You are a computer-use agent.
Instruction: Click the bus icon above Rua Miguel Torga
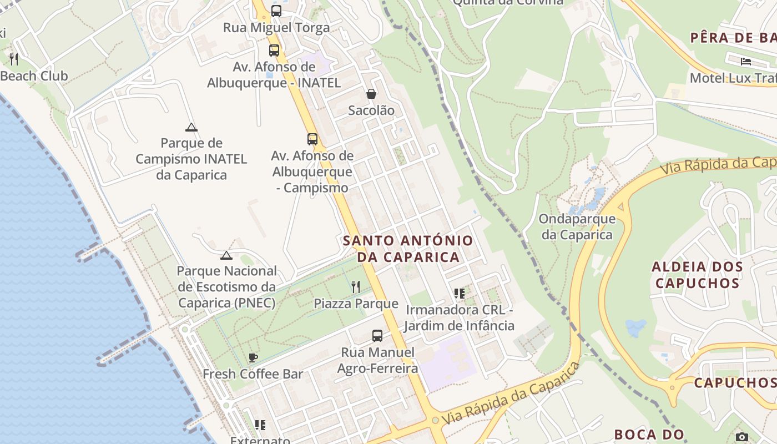(x=276, y=11)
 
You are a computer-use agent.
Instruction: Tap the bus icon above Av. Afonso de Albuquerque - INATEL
(x=274, y=51)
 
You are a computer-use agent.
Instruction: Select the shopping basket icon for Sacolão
(x=371, y=94)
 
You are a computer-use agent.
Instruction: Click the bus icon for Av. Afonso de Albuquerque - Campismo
(x=312, y=139)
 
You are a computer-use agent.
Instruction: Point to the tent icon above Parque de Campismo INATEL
(x=191, y=127)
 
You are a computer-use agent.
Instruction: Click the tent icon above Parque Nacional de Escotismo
(x=226, y=255)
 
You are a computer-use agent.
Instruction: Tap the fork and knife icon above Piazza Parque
(x=356, y=287)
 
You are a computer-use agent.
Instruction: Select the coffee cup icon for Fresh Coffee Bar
(x=253, y=357)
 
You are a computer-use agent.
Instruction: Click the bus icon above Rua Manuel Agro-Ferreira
(x=377, y=336)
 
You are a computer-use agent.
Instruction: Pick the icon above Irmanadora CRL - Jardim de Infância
(x=459, y=293)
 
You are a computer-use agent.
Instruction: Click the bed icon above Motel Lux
(x=745, y=61)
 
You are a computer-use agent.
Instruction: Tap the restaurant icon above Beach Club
(x=14, y=59)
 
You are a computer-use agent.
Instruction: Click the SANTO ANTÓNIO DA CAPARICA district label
(x=408, y=249)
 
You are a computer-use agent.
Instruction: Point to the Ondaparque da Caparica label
(x=577, y=226)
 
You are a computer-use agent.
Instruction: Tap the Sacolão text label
(x=371, y=110)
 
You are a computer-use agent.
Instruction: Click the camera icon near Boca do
(x=741, y=437)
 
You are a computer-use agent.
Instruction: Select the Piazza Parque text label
(x=356, y=304)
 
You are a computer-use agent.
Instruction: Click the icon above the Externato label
(x=260, y=425)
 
